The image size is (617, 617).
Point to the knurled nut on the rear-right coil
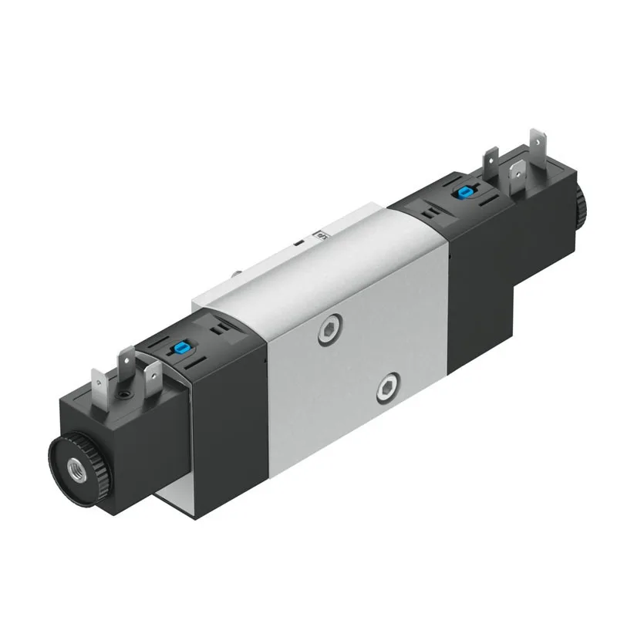tap(580, 202)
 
